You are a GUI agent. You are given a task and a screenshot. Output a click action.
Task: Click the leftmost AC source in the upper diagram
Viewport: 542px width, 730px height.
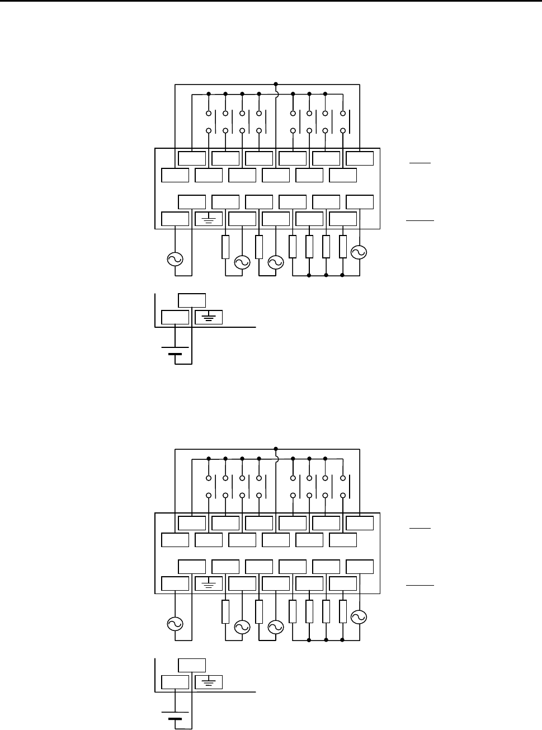point(175,259)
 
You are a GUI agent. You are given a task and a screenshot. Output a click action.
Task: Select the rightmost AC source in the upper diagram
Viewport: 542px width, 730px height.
point(358,252)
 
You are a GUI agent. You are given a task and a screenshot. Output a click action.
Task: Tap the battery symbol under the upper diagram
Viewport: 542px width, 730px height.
point(175,351)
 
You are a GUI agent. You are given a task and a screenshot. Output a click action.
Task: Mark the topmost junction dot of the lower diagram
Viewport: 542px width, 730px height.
point(276,449)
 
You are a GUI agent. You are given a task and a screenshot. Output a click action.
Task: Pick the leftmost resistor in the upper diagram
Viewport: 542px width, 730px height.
point(225,247)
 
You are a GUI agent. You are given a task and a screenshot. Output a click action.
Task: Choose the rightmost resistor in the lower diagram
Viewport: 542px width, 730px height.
point(343,611)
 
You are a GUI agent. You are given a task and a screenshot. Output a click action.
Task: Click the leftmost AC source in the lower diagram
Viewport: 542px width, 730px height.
point(175,624)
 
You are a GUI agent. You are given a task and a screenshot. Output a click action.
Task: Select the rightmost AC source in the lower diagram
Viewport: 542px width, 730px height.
point(358,616)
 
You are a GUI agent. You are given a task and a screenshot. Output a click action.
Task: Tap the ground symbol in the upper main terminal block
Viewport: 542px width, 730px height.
point(209,220)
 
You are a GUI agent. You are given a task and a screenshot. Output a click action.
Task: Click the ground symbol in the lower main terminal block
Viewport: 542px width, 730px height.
point(209,585)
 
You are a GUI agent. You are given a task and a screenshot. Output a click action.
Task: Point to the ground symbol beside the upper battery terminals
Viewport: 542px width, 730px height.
point(209,317)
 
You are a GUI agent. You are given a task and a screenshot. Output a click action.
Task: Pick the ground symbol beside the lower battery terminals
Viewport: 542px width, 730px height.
point(209,682)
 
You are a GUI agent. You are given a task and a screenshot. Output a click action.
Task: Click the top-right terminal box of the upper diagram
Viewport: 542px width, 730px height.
point(360,158)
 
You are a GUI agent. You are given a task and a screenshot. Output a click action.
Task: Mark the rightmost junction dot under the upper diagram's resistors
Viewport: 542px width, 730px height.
point(342,276)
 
